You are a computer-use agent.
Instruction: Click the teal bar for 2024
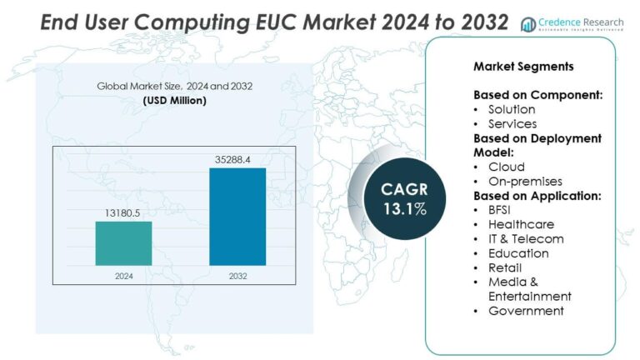coord(123,243)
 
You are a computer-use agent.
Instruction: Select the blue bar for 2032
coord(237,217)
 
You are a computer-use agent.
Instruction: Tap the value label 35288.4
coord(237,157)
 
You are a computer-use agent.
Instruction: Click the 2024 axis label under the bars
coord(123,275)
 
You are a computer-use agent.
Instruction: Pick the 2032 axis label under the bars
coord(237,275)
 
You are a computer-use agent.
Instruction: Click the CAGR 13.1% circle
coord(404,199)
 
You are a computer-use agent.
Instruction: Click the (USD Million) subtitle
coord(174,101)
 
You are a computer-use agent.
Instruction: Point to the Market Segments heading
coord(512,67)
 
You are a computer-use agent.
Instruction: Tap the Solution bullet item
coord(512,109)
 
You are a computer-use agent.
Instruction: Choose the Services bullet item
coord(512,124)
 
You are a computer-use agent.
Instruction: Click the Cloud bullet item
coord(506,167)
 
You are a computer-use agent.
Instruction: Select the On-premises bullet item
coord(525,181)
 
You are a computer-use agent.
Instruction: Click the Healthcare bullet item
coord(521,224)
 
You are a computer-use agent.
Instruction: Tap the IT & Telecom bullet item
coord(526,238)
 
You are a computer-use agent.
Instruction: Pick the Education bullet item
coord(518,253)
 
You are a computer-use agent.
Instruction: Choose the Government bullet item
coord(526,311)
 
